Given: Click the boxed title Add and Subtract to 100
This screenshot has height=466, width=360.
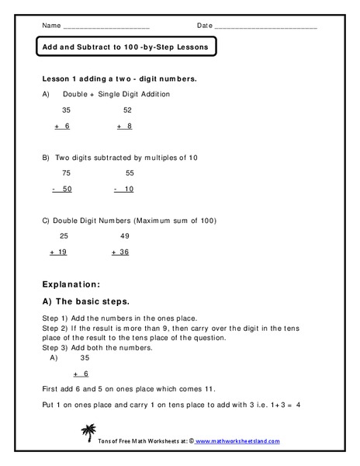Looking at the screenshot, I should point(125,47).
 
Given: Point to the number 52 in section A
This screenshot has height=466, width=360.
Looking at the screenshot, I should point(127,110).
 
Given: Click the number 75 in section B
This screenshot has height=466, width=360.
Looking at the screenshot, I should point(67,173).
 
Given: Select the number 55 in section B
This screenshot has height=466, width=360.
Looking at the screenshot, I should point(129,173).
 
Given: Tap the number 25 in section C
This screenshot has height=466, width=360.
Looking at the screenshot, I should point(64,236).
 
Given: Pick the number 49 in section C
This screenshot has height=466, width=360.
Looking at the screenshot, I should point(125,236).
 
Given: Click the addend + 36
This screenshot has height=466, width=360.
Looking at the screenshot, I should point(121,252).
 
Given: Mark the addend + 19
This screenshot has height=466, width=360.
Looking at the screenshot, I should point(59,252).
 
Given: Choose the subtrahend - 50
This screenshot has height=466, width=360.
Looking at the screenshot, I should point(63,190).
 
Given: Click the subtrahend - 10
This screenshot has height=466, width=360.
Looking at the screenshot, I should point(124,190).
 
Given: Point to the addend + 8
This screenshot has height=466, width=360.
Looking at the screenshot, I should point(125,126).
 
